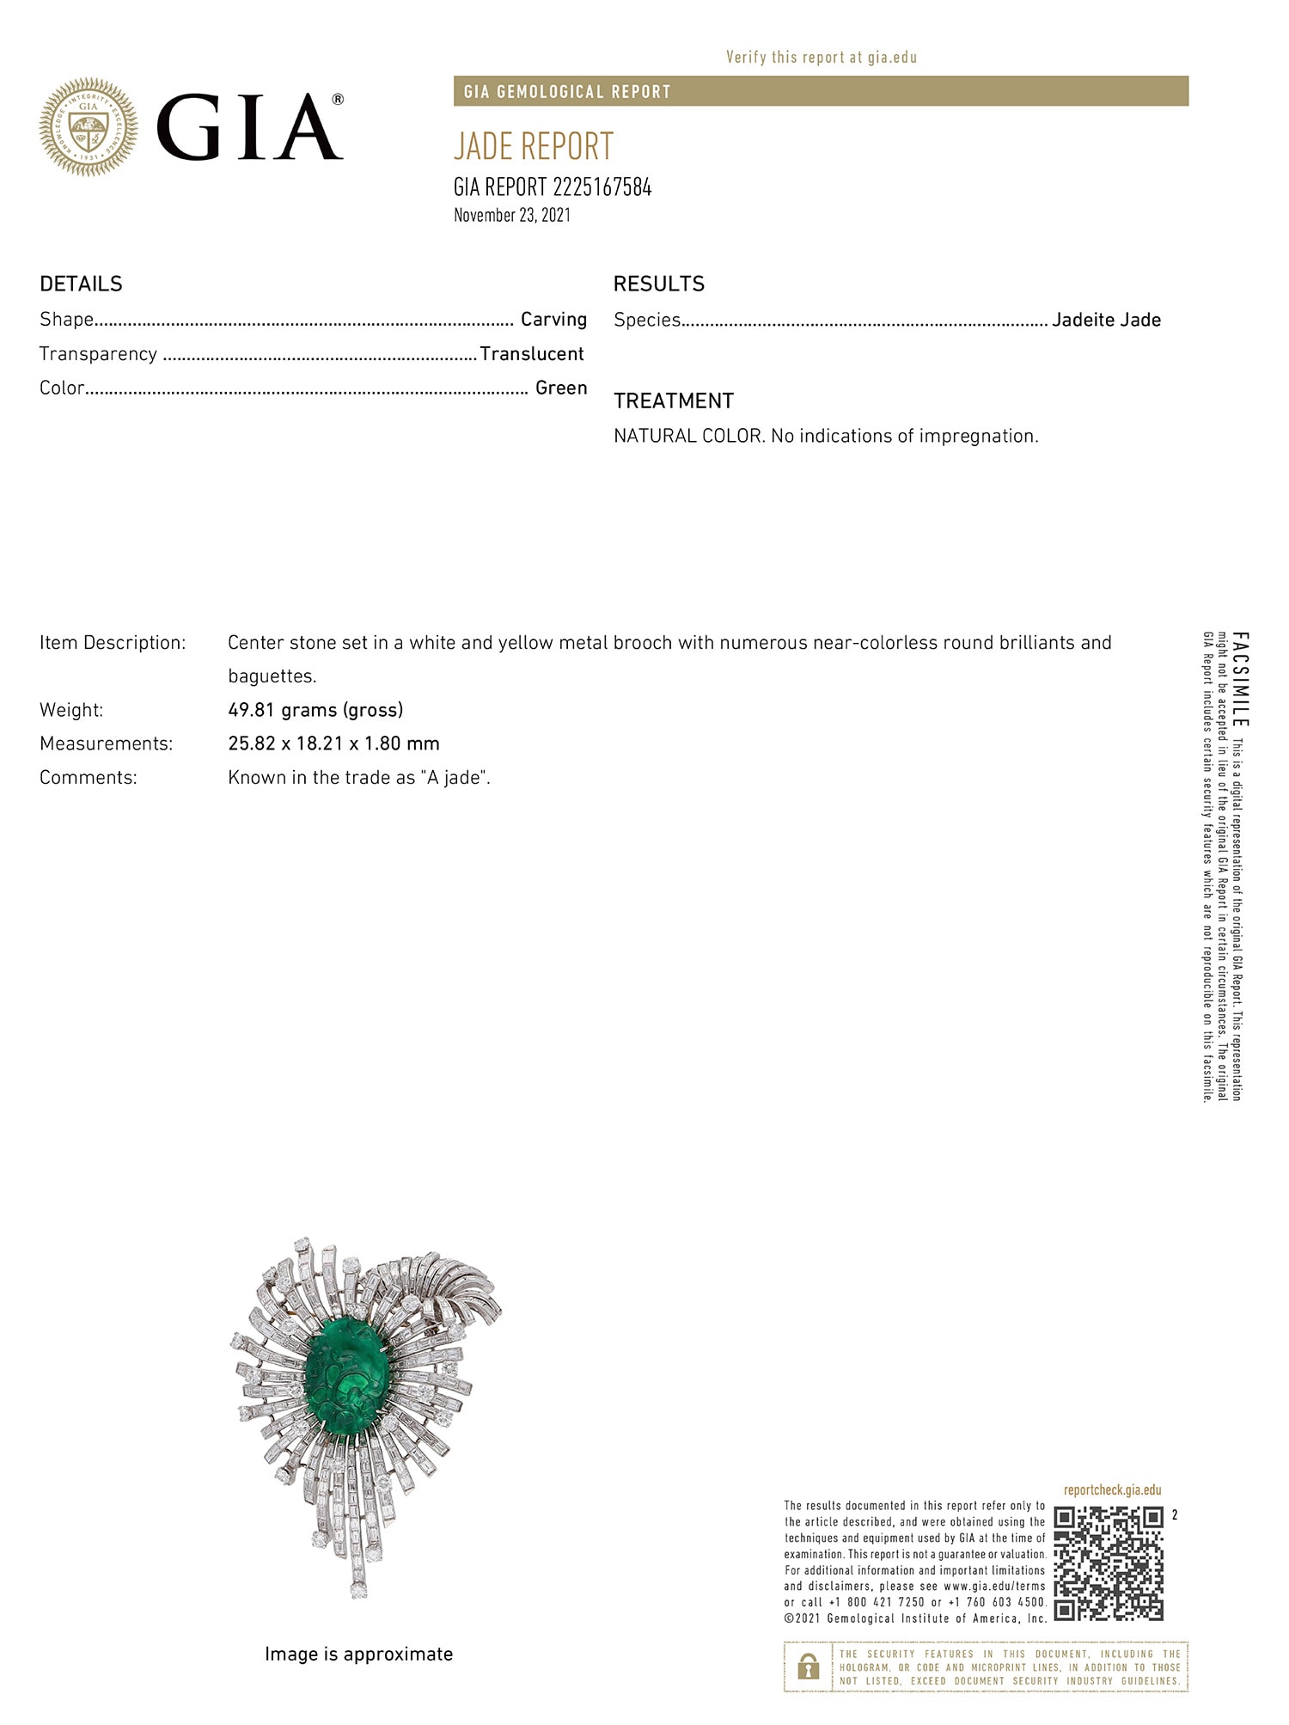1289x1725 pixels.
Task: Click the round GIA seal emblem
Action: pyautogui.click(x=89, y=128)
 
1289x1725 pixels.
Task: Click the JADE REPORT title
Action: pyautogui.click(x=534, y=147)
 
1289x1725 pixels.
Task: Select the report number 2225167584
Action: pyautogui.click(x=602, y=187)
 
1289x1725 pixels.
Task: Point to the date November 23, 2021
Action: pyautogui.click(x=512, y=215)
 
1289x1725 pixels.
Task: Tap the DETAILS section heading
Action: pyautogui.click(x=81, y=284)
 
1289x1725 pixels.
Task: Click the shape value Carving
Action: pyautogui.click(x=553, y=320)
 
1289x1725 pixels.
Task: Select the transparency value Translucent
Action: pyautogui.click(x=532, y=354)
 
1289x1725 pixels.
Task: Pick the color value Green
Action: pyautogui.click(x=561, y=388)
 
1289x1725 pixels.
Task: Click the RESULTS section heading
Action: pyautogui.click(x=658, y=284)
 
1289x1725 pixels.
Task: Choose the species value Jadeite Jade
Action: pyautogui.click(x=1106, y=320)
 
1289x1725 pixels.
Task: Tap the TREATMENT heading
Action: pyautogui.click(x=674, y=401)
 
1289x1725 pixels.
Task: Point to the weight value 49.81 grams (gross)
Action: pyautogui.click(x=315, y=710)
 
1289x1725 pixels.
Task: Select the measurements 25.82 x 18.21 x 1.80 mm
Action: pyautogui.click(x=333, y=743)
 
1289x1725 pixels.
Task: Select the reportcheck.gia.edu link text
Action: pyautogui.click(x=1112, y=1490)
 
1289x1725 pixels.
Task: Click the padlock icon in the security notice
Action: pyautogui.click(x=808, y=1667)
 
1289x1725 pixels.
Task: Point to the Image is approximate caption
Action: pyautogui.click(x=358, y=1654)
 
